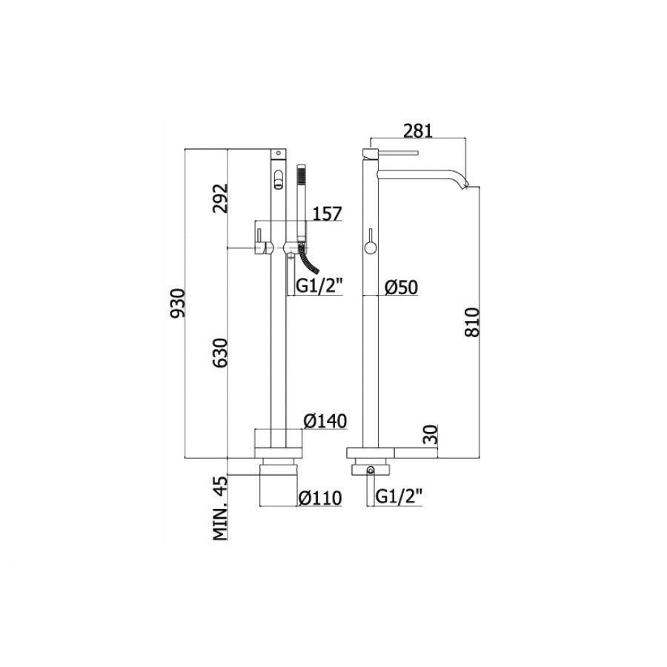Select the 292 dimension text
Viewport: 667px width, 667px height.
(219, 198)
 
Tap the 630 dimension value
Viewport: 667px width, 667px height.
(219, 358)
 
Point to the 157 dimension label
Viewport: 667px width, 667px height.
(327, 214)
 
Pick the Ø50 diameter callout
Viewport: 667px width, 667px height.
(404, 288)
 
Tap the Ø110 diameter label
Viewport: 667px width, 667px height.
(320, 499)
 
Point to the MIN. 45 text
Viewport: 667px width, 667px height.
(219, 509)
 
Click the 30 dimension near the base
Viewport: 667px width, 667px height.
(432, 434)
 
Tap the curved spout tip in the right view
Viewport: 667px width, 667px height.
(464, 183)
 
